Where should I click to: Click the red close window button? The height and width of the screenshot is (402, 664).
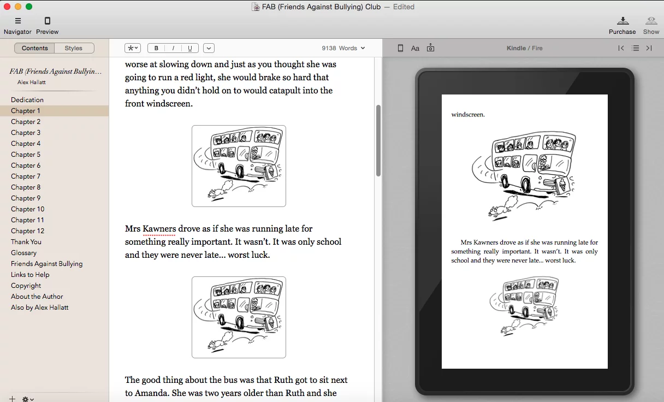click(7, 7)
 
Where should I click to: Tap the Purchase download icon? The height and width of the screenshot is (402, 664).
click(622, 21)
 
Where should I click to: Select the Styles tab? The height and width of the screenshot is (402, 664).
click(74, 48)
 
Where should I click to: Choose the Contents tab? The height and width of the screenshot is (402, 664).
click(34, 48)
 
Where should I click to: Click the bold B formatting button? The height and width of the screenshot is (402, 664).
click(156, 48)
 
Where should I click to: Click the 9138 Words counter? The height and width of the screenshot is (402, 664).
click(343, 48)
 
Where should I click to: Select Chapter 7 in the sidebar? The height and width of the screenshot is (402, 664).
click(26, 176)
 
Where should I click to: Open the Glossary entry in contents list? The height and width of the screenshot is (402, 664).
click(23, 253)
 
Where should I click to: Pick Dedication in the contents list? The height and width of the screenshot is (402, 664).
click(27, 100)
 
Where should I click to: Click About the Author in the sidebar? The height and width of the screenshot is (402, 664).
click(37, 297)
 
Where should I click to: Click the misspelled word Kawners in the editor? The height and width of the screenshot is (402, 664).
click(159, 228)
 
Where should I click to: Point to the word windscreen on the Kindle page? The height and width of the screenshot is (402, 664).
click(468, 115)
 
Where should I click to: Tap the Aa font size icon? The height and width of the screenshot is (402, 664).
click(415, 48)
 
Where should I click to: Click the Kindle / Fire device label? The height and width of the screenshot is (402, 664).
click(524, 48)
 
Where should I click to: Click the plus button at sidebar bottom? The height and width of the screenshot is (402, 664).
click(12, 399)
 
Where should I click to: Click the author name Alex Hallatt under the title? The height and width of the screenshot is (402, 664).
click(32, 82)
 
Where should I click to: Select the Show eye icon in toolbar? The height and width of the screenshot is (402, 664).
click(651, 21)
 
